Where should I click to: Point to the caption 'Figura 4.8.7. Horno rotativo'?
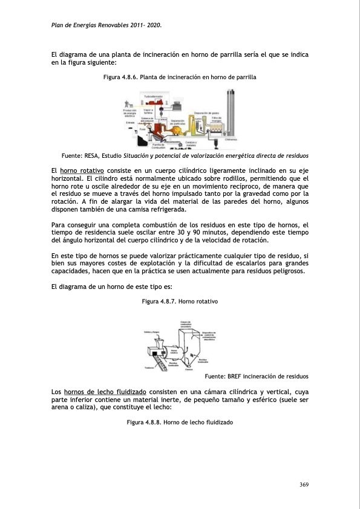coord(179,301)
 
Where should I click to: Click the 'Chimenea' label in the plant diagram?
coord(230,139)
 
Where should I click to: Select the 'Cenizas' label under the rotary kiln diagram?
coord(189,369)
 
